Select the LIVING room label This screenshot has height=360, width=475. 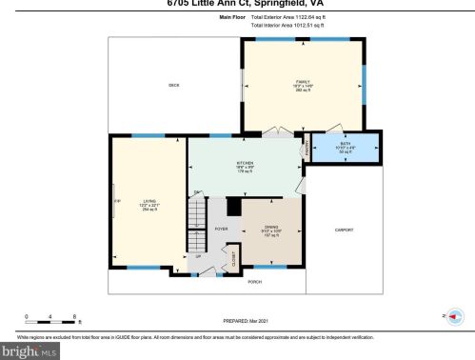148,204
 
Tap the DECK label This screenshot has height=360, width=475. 174,86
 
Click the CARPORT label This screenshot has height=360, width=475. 344,230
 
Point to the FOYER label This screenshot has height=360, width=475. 221,230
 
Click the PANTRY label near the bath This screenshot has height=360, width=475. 306,149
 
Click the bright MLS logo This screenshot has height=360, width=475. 29,351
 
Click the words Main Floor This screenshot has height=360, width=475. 231,16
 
